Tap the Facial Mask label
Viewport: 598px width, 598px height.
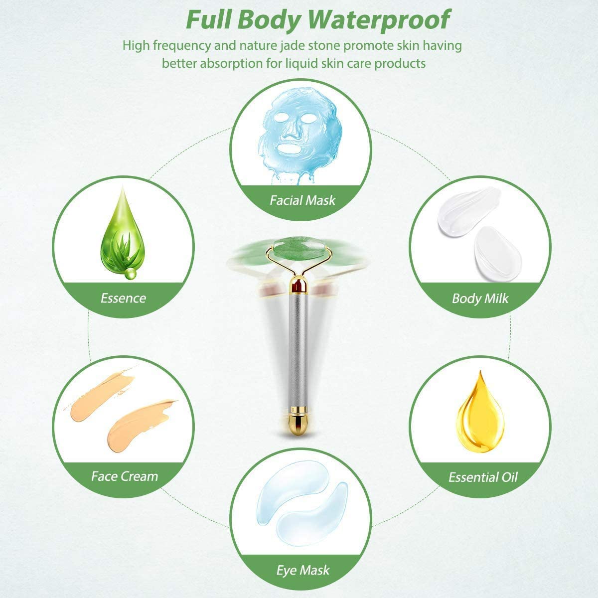[x=302, y=200]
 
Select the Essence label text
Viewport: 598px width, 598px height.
[x=123, y=298]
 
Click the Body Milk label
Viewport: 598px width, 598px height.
[x=480, y=298]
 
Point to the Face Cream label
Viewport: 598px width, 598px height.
[x=125, y=476]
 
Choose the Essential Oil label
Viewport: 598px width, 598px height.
[x=483, y=477]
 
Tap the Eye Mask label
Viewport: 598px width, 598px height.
[x=302, y=570]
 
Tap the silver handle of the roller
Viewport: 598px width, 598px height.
[x=298, y=351]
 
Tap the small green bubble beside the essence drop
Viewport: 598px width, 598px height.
[x=131, y=274]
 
